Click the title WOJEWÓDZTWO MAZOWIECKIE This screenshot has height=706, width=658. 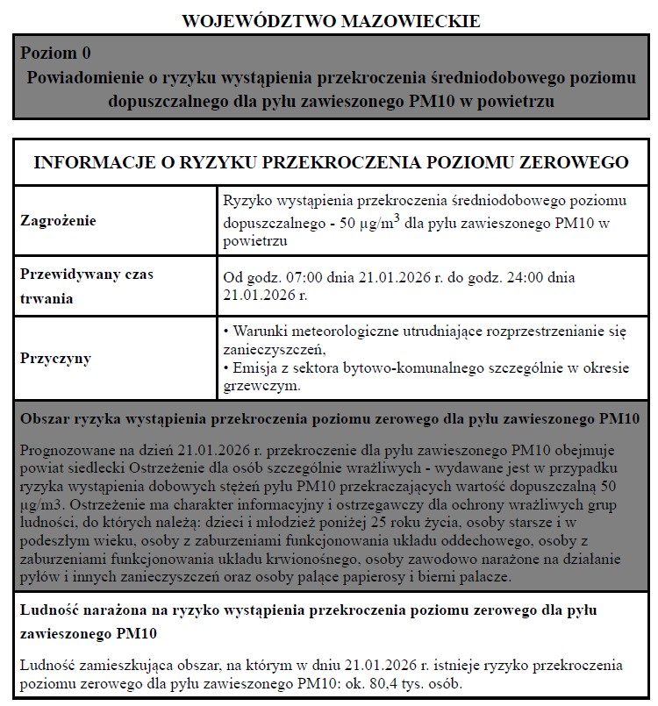[331, 19]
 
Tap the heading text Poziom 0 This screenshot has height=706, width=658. [55, 53]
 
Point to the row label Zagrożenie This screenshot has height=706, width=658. [58, 219]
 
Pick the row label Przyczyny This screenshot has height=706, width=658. [55, 358]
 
